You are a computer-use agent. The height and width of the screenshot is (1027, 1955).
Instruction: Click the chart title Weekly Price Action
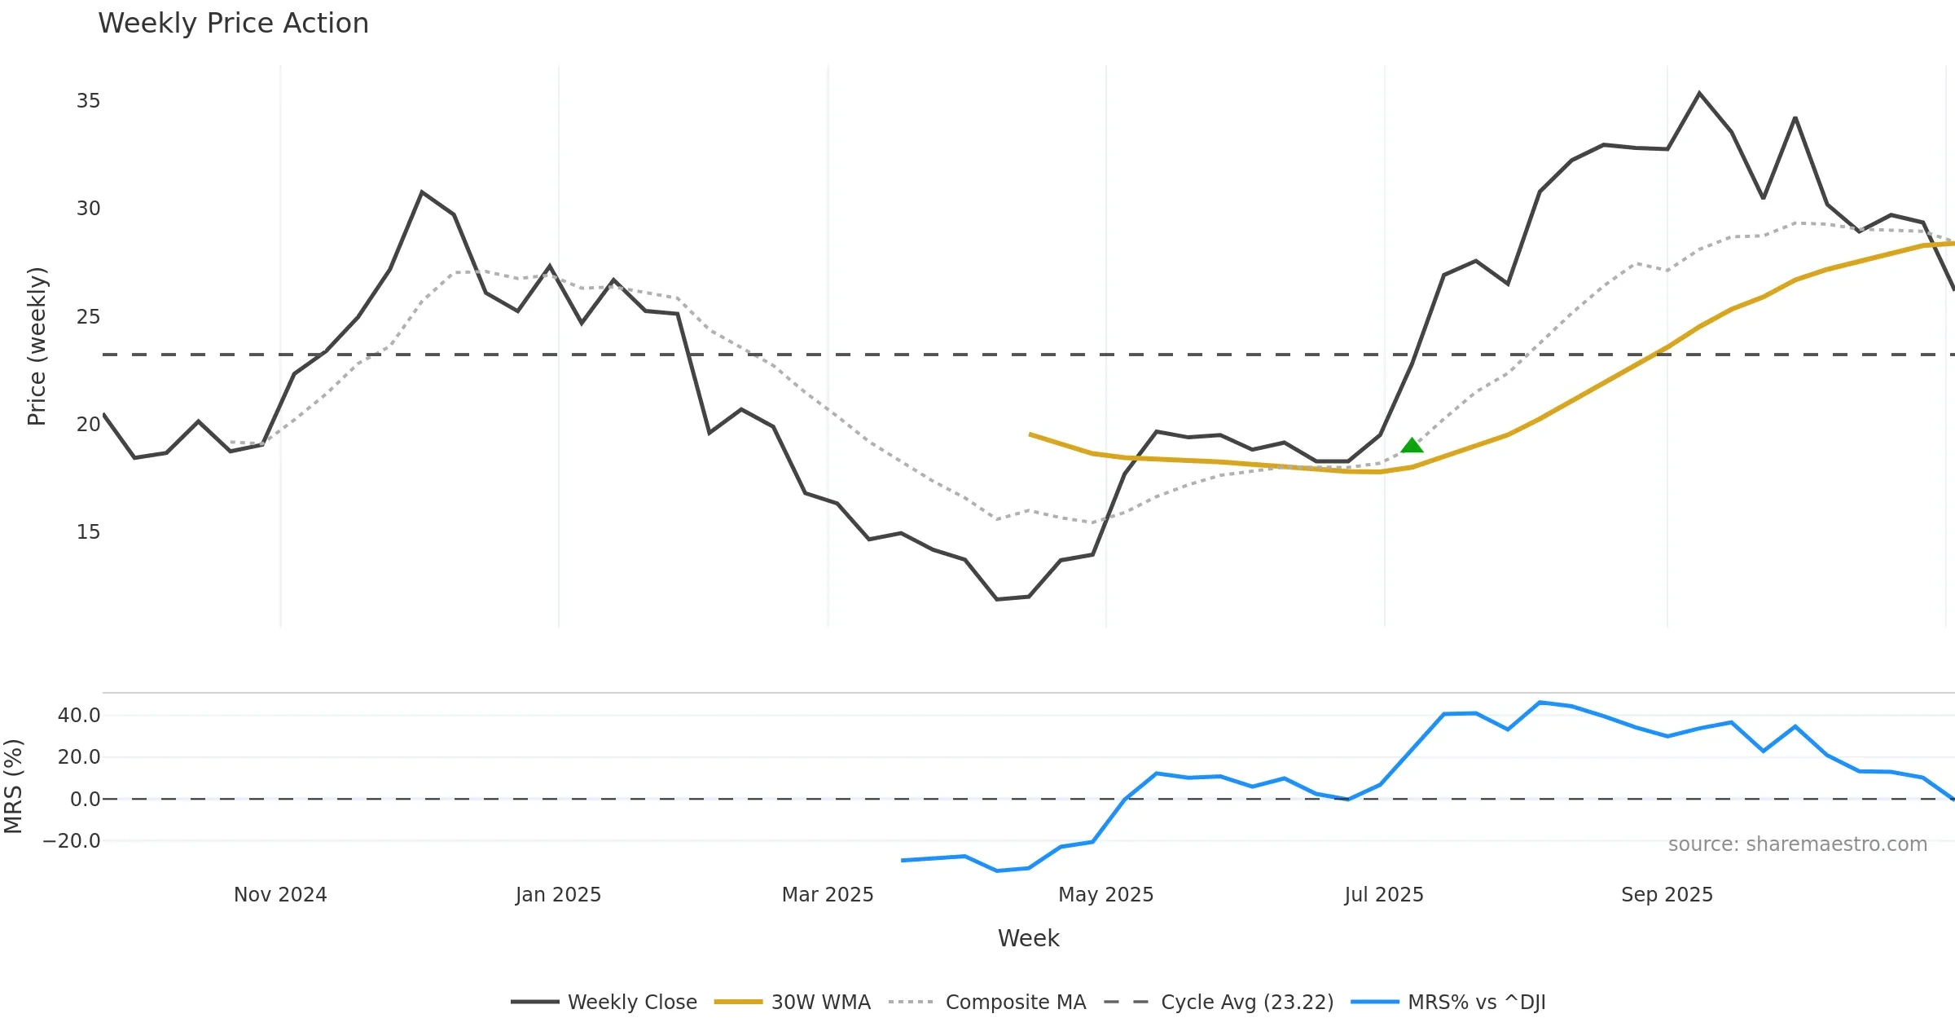(x=233, y=24)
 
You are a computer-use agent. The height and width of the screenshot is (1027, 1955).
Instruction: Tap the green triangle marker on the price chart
(x=1412, y=445)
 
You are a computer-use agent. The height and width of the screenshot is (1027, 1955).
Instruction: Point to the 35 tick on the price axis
(x=88, y=101)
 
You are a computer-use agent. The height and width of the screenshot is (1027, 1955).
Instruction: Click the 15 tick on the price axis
(x=88, y=532)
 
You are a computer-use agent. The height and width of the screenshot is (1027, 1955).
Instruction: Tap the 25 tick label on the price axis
(x=88, y=317)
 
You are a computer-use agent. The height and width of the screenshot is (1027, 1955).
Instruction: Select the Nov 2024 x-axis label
(x=280, y=895)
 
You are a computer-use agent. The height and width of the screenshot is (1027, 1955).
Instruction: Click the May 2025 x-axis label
(x=1105, y=895)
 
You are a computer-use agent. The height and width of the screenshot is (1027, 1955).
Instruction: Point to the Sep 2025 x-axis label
(x=1667, y=895)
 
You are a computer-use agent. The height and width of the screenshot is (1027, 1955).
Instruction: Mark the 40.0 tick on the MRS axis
(x=79, y=716)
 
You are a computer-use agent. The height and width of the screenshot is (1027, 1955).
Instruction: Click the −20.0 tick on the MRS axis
(x=72, y=841)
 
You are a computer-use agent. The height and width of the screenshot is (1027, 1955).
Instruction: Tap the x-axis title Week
(x=1028, y=939)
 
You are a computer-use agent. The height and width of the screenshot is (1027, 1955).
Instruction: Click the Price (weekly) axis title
(x=37, y=346)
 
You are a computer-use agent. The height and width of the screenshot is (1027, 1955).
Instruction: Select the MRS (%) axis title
(x=14, y=786)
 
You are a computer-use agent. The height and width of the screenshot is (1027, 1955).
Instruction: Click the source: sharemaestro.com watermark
(x=1797, y=844)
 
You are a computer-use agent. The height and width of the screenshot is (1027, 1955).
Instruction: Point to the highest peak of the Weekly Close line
(x=1699, y=93)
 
